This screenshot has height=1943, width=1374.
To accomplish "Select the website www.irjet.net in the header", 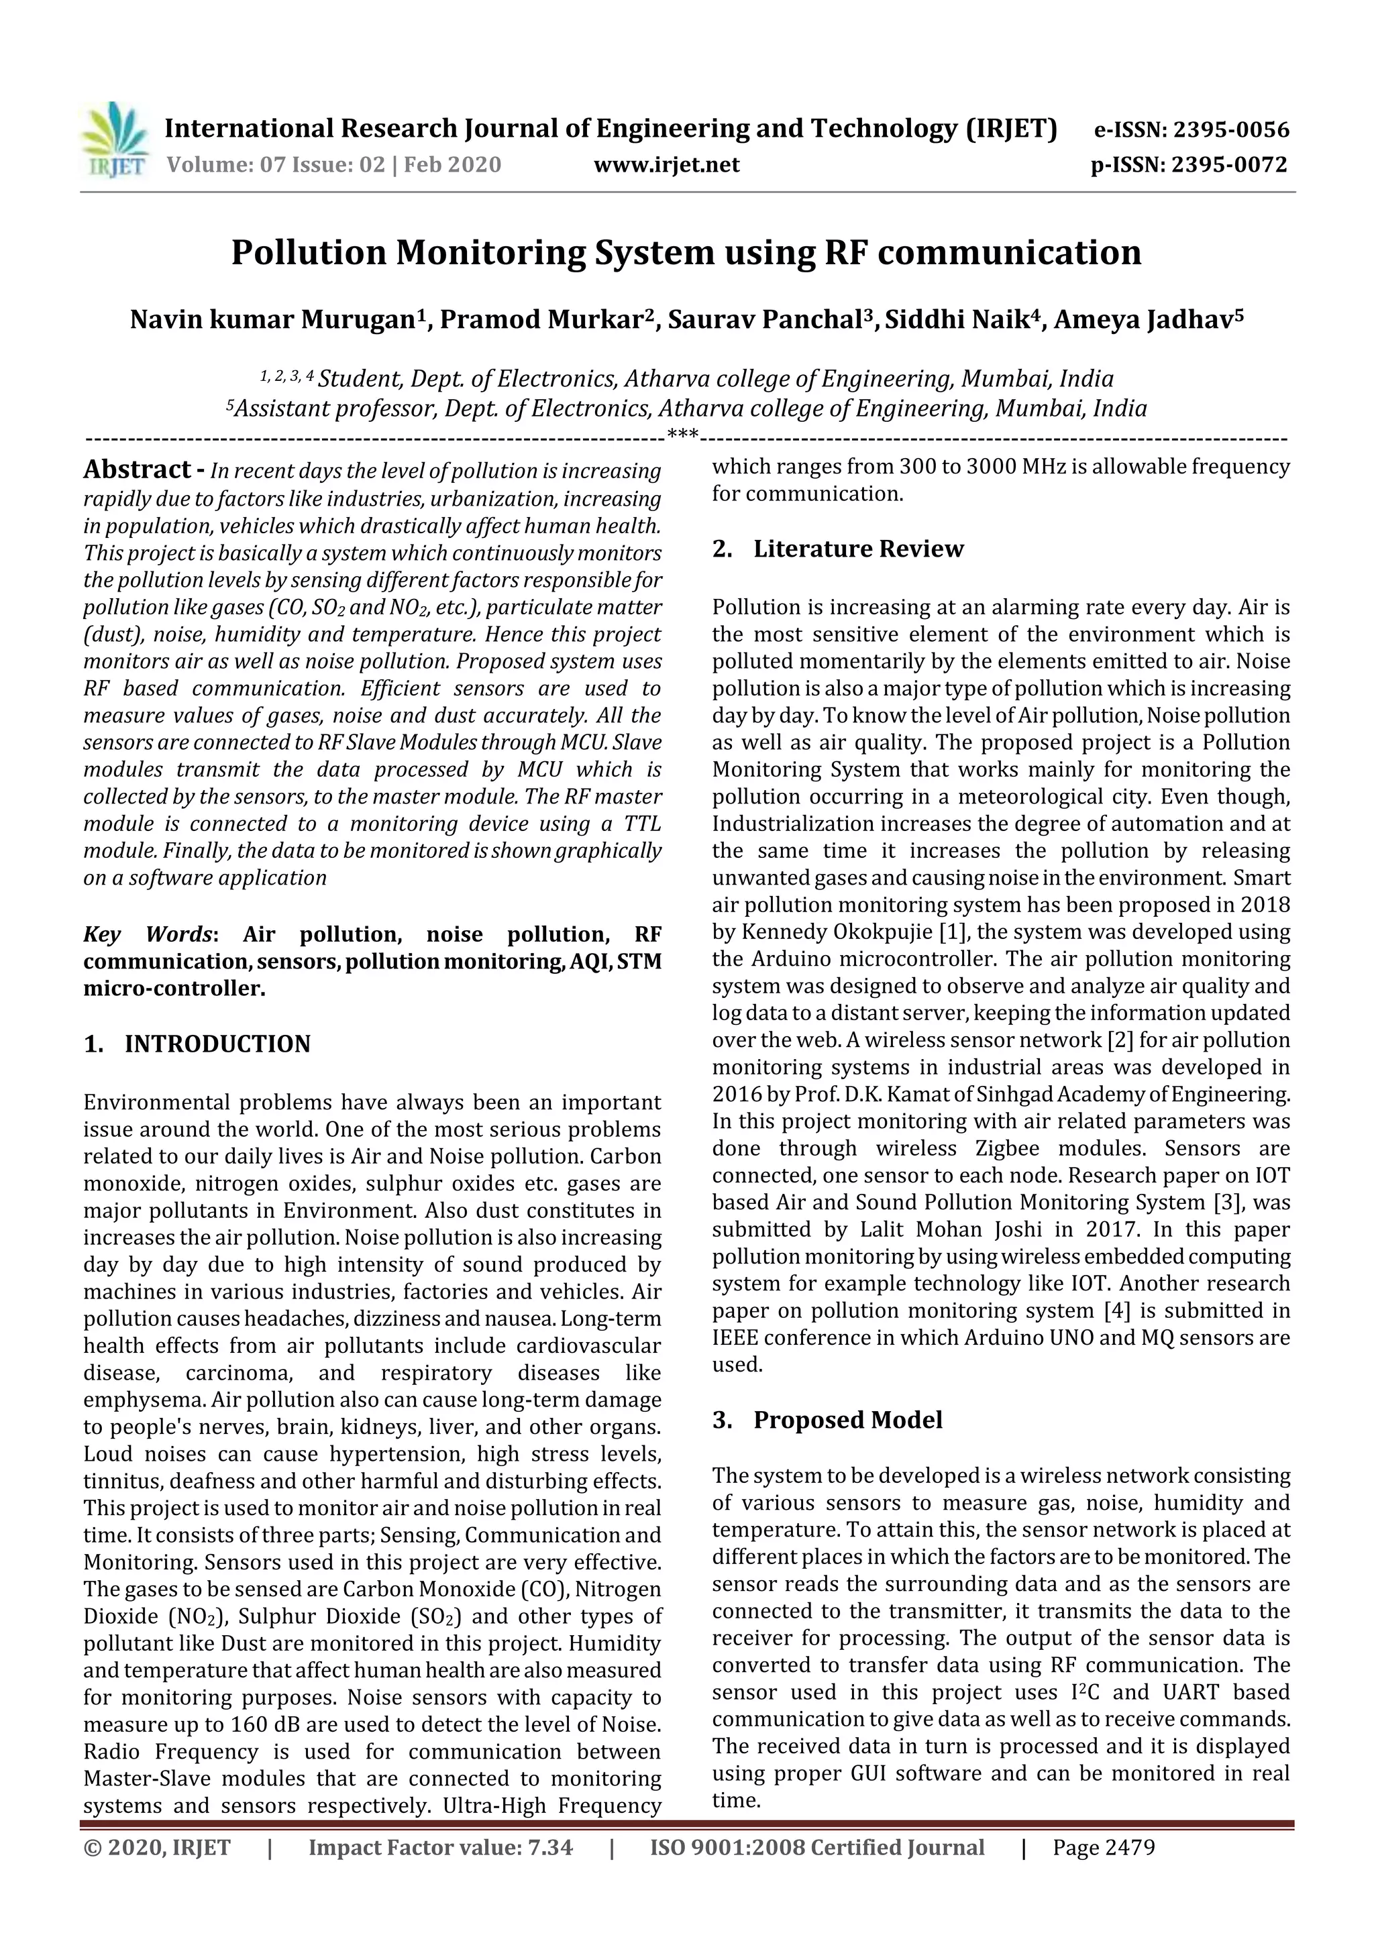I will coord(666,165).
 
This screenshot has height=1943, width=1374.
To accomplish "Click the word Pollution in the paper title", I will coord(308,253).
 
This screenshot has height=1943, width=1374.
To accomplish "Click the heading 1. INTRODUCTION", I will coord(197,1044).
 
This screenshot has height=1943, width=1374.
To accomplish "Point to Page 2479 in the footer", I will coord(1103,1847).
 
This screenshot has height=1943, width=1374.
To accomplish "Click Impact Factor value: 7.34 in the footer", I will coord(440,1847).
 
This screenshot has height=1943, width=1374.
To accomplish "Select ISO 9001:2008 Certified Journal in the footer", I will coord(817,1847).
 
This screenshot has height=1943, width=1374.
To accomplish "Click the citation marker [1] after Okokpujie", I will coord(953,932).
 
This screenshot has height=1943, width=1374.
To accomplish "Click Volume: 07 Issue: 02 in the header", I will coord(275,165).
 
